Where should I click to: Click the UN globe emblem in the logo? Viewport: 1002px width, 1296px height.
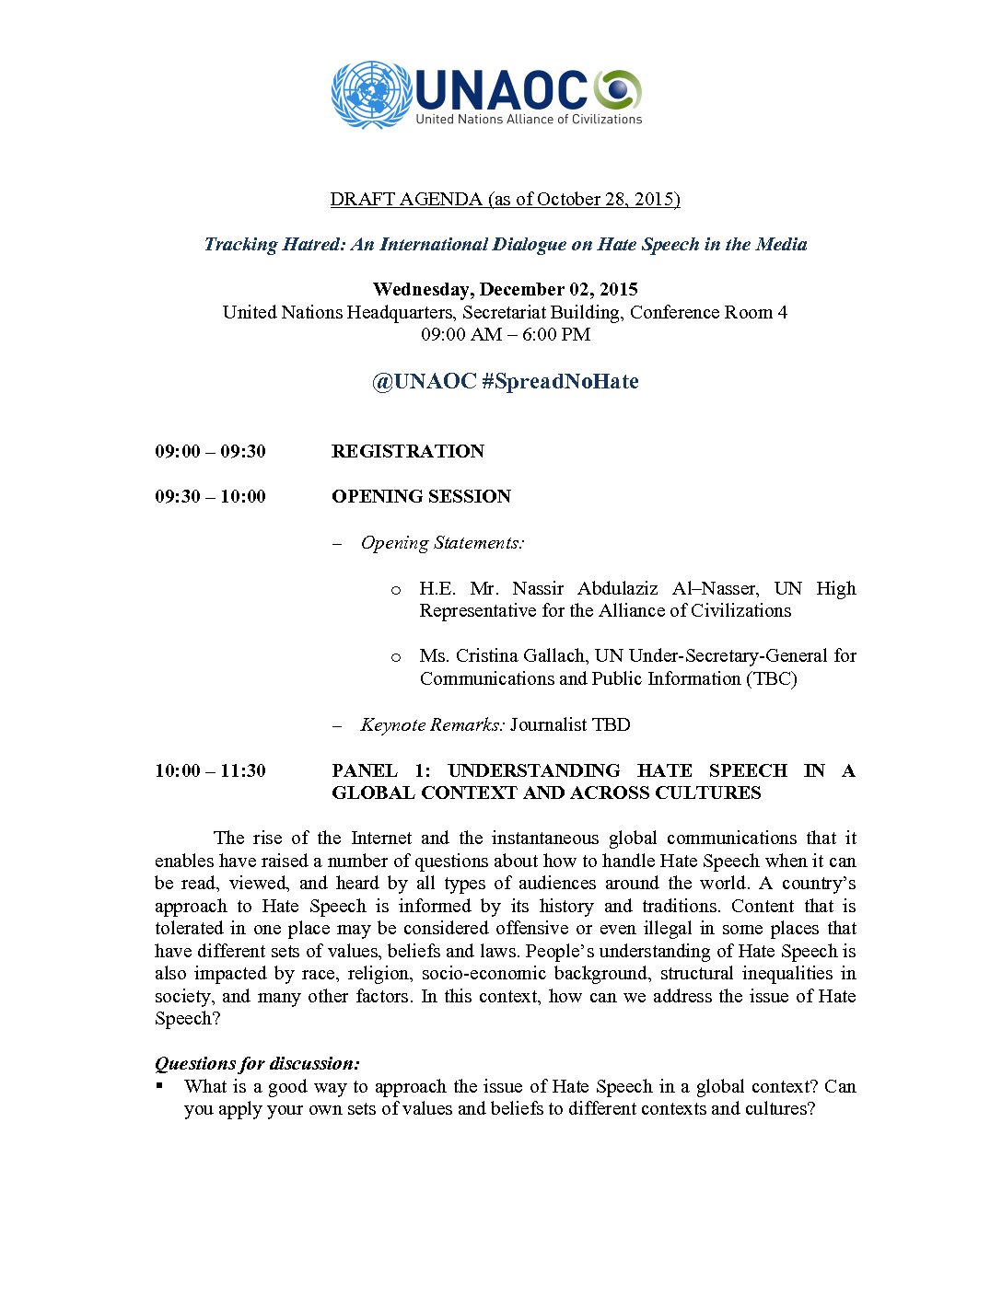(x=371, y=94)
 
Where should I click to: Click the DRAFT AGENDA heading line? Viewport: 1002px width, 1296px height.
(x=505, y=199)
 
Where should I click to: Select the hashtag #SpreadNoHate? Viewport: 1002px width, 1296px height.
(x=560, y=381)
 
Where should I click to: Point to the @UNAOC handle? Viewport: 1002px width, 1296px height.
(x=424, y=381)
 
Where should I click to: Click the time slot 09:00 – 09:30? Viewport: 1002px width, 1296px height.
(x=210, y=451)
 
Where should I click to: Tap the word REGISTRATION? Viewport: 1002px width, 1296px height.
(x=408, y=451)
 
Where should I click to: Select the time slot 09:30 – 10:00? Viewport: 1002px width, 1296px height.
(x=210, y=496)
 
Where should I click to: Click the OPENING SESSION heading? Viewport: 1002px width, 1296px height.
(x=421, y=496)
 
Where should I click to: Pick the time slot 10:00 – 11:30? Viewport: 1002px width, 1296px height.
(x=210, y=770)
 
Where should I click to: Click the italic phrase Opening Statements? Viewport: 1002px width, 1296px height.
(x=442, y=543)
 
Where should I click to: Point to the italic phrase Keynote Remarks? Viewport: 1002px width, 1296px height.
(x=432, y=724)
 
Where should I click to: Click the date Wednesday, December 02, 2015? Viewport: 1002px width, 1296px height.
(x=505, y=289)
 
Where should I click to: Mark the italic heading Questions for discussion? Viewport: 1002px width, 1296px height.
(x=257, y=1063)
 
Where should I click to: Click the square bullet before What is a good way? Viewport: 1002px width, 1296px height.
(x=159, y=1085)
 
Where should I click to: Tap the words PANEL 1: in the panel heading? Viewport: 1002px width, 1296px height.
(x=381, y=770)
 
